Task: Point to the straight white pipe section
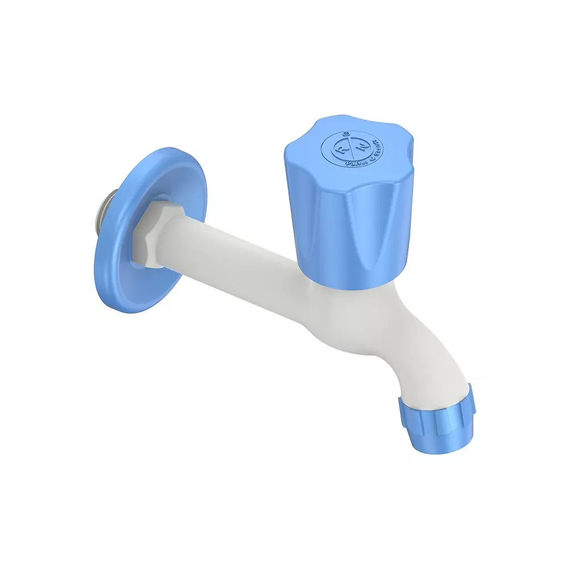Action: click(228, 250)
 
